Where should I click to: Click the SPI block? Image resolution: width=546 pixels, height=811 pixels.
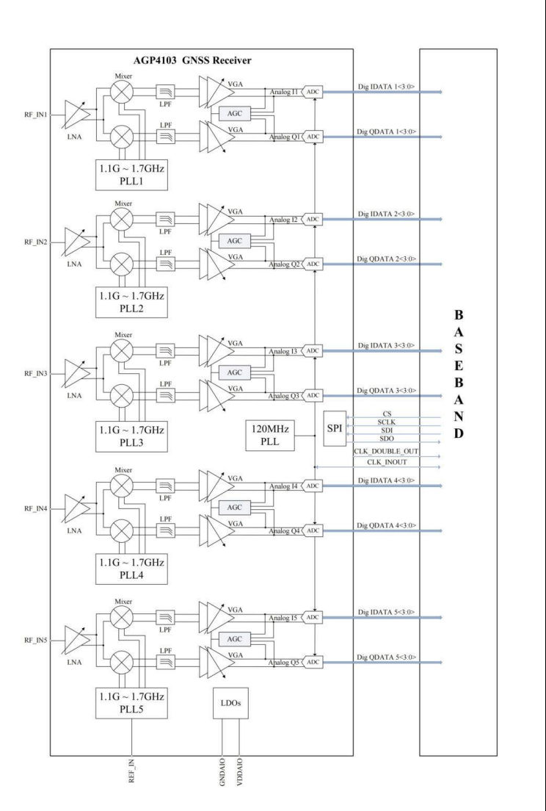(334, 428)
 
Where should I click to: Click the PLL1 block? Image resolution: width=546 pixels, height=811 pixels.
(131, 173)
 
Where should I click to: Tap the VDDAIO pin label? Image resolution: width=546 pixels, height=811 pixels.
(240, 776)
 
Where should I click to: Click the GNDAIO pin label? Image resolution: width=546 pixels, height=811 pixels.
(222, 776)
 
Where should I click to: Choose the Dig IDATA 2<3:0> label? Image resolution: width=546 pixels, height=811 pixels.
(386, 214)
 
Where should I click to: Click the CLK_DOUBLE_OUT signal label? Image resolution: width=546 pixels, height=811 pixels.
(387, 450)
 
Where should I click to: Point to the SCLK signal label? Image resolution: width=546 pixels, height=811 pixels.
(387, 423)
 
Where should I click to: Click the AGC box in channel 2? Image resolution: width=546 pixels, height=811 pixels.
(235, 242)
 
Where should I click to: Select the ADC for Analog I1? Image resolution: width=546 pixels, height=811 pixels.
(313, 93)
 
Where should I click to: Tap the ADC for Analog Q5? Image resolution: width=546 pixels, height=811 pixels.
(313, 662)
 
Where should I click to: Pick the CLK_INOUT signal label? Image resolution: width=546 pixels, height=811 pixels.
(387, 462)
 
